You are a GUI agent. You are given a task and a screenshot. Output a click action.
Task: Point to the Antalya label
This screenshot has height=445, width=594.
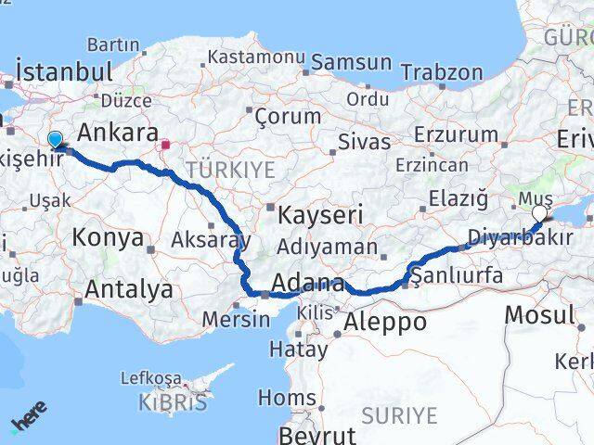coord(128,289)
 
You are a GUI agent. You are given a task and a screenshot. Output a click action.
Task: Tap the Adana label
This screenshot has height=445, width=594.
coord(308,283)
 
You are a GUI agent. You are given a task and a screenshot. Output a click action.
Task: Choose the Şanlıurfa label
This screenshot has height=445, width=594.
coord(457,275)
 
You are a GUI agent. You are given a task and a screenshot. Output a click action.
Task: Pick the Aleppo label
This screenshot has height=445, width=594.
coord(384,322)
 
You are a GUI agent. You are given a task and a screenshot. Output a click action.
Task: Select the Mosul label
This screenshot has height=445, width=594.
coord(539,314)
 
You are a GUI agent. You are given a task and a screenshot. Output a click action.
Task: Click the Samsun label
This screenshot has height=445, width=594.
coord(352,62)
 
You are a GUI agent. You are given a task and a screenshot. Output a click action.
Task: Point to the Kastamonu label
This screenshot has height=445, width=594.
coord(256,56)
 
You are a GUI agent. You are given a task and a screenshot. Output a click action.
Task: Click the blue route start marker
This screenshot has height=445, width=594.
coord(55,141)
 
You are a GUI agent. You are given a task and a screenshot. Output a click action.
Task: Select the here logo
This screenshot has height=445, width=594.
coord(28,424)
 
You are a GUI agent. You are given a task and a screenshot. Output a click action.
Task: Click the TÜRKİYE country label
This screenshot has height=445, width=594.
coord(231,169)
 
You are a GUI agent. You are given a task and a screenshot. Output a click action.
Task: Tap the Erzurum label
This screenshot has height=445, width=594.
coord(458,134)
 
